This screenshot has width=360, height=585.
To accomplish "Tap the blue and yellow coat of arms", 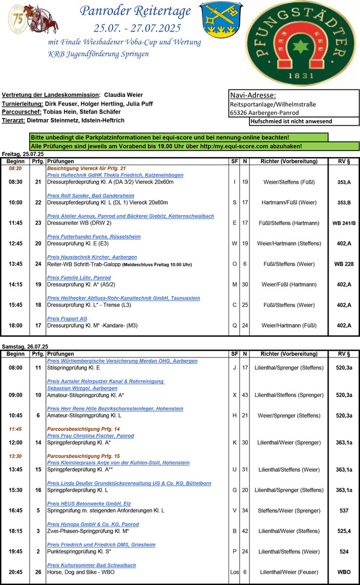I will click(217, 19).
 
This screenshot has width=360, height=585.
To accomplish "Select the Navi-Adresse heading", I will click(253, 95).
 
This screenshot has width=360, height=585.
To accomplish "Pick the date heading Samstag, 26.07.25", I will click(25, 346).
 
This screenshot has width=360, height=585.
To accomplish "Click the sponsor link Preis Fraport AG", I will click(67, 319).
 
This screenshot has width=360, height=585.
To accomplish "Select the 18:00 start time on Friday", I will click(15, 326).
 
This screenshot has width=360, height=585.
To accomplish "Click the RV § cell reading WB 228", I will click(344, 264).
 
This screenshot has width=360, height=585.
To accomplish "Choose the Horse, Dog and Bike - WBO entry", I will click(81, 572).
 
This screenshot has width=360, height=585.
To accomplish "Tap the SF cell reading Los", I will click(234, 572).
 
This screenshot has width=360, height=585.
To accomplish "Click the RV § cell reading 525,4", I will click(344, 531).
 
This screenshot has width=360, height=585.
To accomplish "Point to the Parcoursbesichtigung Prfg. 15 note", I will click(83, 456).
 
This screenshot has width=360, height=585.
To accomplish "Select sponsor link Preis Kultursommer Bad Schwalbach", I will click(91, 565).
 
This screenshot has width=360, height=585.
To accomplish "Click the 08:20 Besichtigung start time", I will click(15, 168).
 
